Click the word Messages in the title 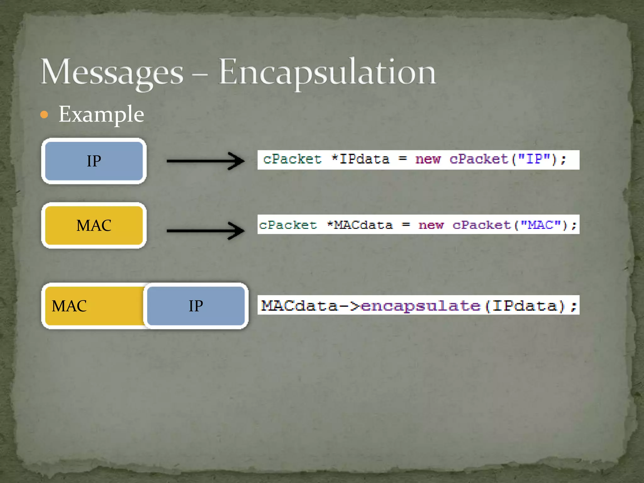tap(112, 72)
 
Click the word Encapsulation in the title tap(327, 72)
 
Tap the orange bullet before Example tap(44, 114)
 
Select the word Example tap(101, 114)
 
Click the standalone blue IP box tap(94, 161)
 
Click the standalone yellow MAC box tap(94, 225)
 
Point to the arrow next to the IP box tap(205, 161)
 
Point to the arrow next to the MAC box tap(205, 231)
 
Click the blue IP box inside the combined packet tap(196, 306)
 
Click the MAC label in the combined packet tap(69, 306)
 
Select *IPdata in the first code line tap(361, 159)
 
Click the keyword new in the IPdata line tap(428, 159)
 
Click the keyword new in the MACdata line tap(431, 225)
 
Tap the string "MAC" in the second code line tap(541, 225)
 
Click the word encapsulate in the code tap(421, 306)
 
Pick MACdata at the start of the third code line tap(299, 306)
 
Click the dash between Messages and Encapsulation tap(200, 75)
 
